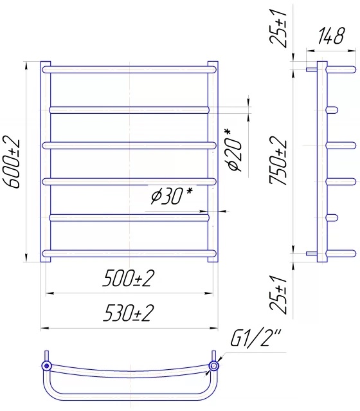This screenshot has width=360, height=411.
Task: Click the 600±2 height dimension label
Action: (x=12, y=161)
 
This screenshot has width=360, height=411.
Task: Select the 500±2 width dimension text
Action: (x=128, y=279)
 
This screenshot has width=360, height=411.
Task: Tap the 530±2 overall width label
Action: (x=128, y=313)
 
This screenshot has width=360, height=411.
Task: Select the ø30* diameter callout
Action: (x=172, y=196)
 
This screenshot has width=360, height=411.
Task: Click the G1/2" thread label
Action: (x=255, y=338)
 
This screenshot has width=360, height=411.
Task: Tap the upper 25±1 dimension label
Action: (x=280, y=27)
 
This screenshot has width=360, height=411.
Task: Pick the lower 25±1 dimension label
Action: (x=280, y=295)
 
